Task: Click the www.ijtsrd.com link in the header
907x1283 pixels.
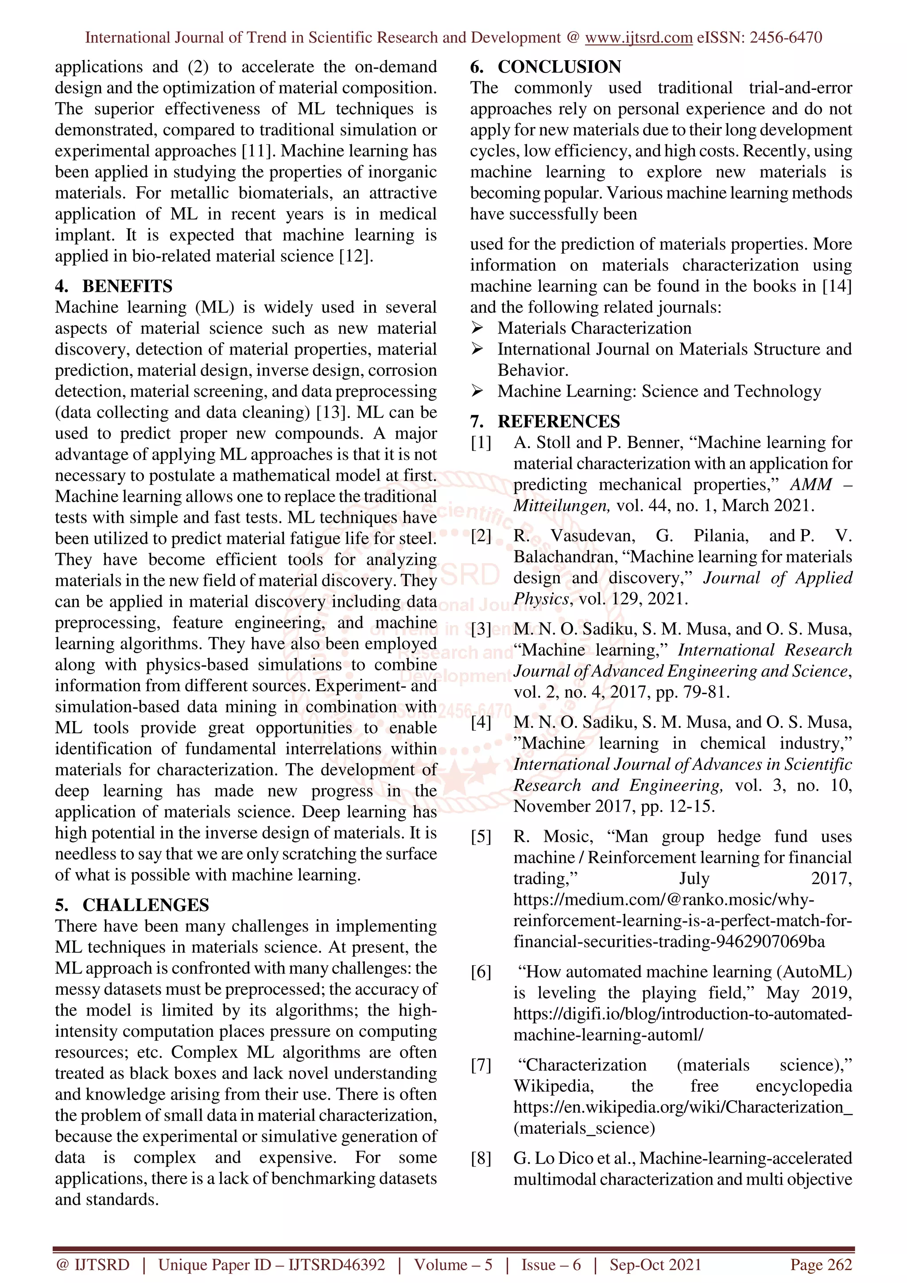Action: click(638, 38)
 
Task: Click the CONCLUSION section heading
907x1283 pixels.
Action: click(559, 67)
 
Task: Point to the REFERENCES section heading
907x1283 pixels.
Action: click(558, 421)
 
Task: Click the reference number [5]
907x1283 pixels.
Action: click(481, 837)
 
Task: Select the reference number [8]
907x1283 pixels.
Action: click(481, 1159)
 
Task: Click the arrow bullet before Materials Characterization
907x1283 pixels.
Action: click(477, 328)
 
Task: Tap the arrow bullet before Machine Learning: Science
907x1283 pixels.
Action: click(477, 391)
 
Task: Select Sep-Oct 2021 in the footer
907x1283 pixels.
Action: click(655, 1264)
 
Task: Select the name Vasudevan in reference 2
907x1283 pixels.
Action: click(593, 536)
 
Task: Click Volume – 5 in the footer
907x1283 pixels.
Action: click(453, 1264)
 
